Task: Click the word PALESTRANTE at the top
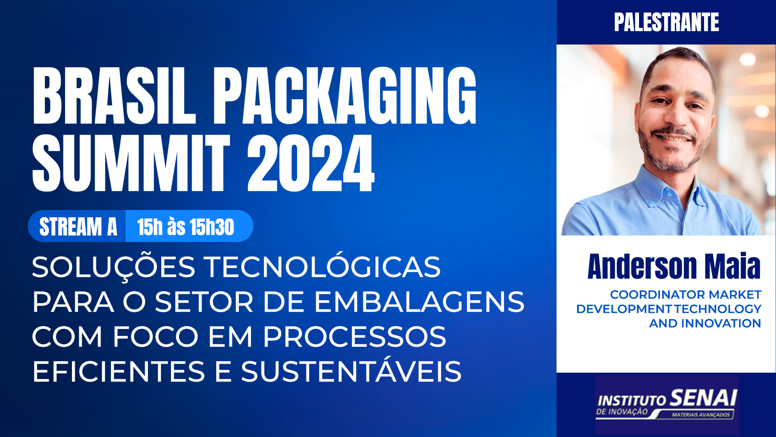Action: [x=666, y=22]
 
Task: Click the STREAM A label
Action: [x=78, y=227]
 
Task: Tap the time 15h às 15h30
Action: [x=186, y=227]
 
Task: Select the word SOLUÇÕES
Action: [x=114, y=267]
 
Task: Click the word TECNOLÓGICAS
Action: [x=322, y=267]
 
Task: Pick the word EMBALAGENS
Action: [x=419, y=302]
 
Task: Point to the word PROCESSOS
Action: [x=354, y=337]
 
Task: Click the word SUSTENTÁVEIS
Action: [x=351, y=372]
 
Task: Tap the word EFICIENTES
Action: [x=119, y=372]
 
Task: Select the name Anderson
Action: [x=642, y=267]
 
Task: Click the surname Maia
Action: [x=732, y=267]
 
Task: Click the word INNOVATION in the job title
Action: [x=721, y=323]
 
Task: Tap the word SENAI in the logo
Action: [x=703, y=398]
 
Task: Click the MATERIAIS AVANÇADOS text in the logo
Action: [x=701, y=415]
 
